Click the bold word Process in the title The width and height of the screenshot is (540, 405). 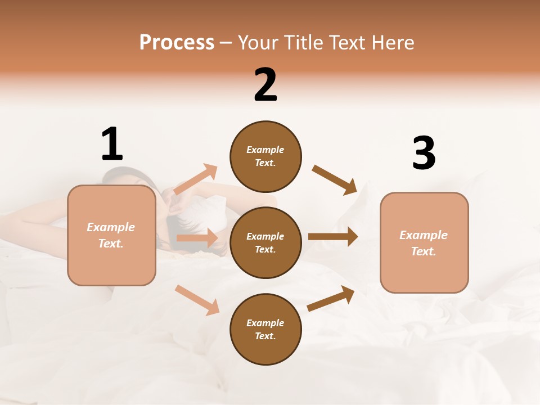[177, 43]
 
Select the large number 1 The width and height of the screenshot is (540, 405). [112, 145]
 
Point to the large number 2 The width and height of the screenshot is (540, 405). [265, 85]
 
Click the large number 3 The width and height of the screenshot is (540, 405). [424, 154]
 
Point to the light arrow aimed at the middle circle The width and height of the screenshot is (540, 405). [197, 238]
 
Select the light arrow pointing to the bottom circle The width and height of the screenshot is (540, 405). [197, 300]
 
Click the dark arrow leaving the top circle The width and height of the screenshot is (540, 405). [334, 180]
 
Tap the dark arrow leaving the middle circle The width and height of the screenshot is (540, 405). [332, 237]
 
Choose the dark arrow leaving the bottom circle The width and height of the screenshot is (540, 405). [331, 298]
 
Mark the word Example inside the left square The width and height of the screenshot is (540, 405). [111, 227]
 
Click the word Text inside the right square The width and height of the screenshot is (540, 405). [424, 251]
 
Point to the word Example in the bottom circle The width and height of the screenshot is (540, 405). [265, 323]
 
